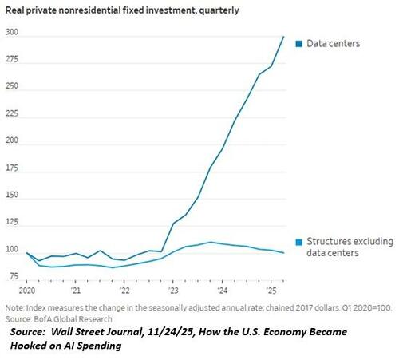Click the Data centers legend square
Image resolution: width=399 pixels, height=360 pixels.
[298, 43]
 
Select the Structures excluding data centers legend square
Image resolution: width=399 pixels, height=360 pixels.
[298, 242]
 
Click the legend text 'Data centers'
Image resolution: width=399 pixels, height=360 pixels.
[334, 43]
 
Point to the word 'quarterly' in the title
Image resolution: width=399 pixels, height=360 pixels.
[206, 12]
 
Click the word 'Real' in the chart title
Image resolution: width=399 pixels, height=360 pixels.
[17, 12]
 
